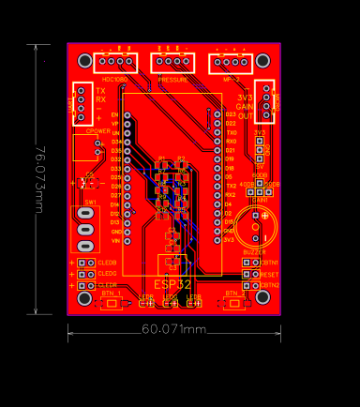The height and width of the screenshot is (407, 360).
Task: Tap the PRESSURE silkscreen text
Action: click(x=173, y=80)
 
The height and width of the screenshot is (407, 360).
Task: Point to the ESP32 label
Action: click(x=172, y=283)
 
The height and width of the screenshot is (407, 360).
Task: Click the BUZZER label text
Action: click(x=254, y=252)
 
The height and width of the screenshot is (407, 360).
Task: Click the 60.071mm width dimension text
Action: click(x=174, y=329)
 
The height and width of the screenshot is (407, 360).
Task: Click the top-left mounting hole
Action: click(x=84, y=61)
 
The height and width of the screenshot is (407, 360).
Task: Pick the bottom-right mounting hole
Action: click(x=262, y=297)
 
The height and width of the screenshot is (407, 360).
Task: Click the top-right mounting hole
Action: click(x=262, y=61)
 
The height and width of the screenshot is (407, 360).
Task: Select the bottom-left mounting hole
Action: click(x=84, y=297)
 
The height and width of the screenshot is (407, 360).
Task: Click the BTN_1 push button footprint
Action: click(x=112, y=303)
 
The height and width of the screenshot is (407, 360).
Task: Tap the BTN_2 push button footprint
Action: click(x=233, y=303)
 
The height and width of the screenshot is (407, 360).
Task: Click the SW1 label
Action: click(x=91, y=202)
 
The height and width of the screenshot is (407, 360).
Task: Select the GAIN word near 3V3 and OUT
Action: click(x=245, y=107)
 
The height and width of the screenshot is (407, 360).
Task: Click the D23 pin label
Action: click(x=230, y=114)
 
